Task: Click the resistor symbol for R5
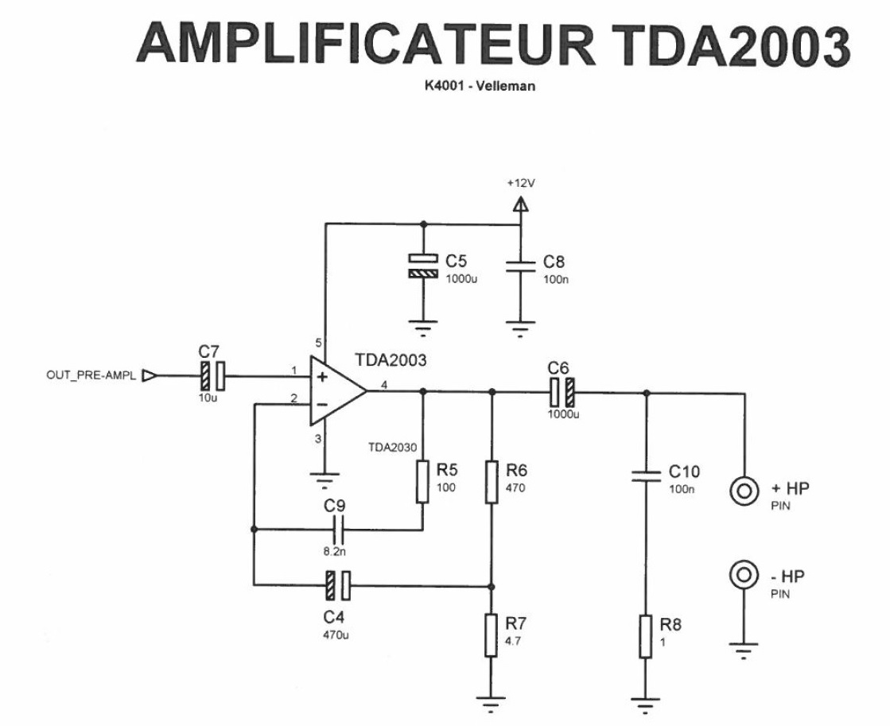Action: [422, 482]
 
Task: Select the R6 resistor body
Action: [492, 482]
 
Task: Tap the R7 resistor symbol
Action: [492, 635]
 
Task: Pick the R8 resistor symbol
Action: [645, 636]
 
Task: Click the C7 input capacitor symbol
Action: [212, 375]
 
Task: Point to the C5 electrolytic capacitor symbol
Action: [422, 266]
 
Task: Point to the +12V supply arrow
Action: [520, 205]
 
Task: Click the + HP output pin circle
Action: [743, 491]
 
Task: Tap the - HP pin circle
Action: [743, 574]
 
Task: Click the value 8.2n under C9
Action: [335, 549]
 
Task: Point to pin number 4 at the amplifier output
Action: [384, 386]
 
